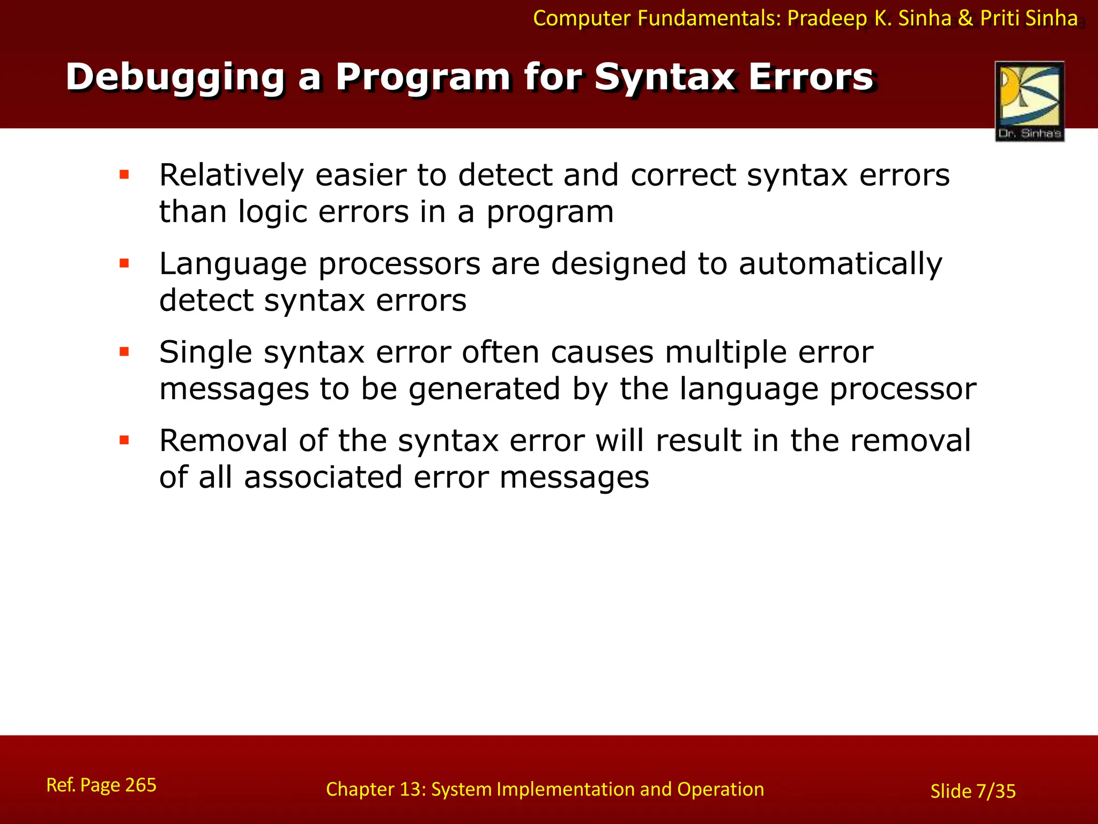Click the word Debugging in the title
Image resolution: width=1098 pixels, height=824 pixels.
click(x=175, y=78)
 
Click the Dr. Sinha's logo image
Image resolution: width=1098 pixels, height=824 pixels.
click(x=1029, y=101)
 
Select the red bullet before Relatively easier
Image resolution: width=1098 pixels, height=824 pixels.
click(x=124, y=174)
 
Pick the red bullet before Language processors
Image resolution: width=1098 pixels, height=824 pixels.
click(x=124, y=263)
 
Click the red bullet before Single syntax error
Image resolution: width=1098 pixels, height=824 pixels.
click(x=124, y=352)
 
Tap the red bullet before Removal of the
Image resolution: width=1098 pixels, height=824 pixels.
click(x=124, y=440)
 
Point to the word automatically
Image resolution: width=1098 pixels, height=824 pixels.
click(x=840, y=264)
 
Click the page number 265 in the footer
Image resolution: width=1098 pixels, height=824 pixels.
click(x=140, y=785)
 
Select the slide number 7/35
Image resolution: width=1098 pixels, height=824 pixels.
click(x=996, y=791)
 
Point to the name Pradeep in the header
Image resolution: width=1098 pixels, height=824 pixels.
click(x=827, y=18)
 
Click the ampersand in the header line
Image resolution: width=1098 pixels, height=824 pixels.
click(x=965, y=18)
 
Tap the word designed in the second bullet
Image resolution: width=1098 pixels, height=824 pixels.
click(x=619, y=264)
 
